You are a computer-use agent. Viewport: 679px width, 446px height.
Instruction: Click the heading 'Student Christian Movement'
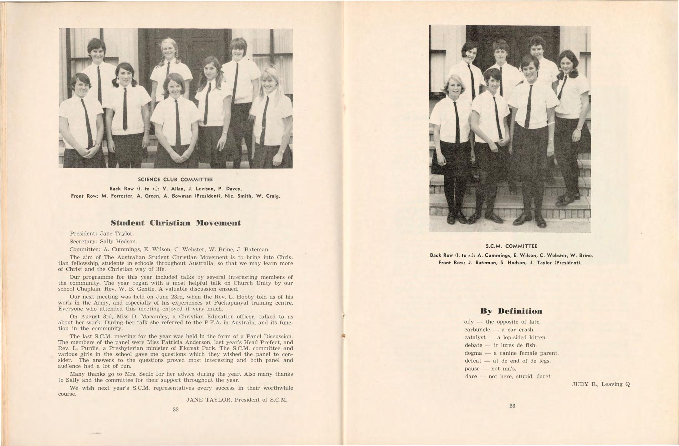176,223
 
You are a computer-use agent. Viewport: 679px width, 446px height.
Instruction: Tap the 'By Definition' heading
511,311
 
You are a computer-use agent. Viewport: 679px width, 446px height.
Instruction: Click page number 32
176,409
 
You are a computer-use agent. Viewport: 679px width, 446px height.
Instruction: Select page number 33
512,406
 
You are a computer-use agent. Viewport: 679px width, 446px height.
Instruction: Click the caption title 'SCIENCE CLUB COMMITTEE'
175,180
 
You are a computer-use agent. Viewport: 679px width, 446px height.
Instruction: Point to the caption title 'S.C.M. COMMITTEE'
511,246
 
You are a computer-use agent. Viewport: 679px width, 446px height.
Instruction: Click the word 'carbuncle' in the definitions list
477,330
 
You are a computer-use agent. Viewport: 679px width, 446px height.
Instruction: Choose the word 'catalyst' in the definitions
475,337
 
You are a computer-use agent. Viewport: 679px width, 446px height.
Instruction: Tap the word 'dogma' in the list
473,353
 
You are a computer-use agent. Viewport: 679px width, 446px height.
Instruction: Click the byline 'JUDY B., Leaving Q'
601,384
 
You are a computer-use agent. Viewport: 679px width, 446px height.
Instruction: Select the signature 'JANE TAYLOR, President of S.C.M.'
237,400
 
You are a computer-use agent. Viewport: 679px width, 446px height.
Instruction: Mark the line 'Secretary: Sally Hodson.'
103,241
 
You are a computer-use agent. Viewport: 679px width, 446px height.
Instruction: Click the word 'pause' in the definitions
472,369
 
